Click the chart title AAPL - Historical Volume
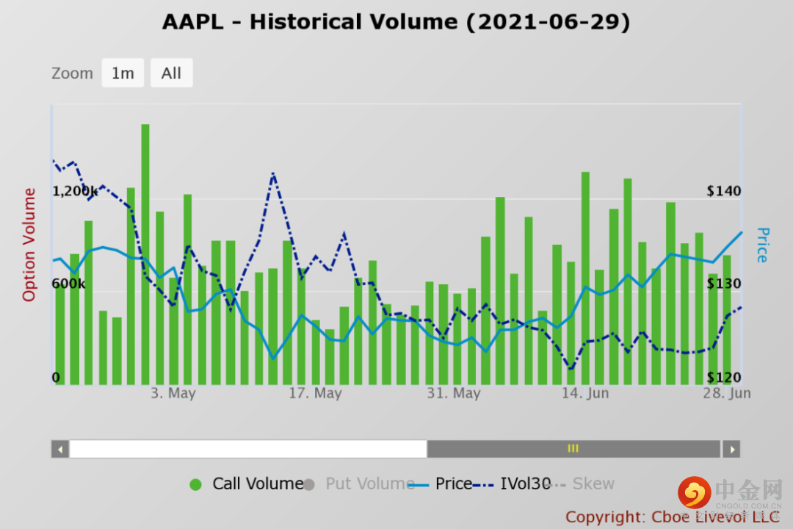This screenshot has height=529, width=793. pyautogui.click(x=396, y=22)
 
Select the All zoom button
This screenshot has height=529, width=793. pyautogui.click(x=171, y=73)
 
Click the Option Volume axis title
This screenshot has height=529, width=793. pyautogui.click(x=29, y=245)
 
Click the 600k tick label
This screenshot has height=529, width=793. pyautogui.click(x=68, y=284)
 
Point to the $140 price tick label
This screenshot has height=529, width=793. pyautogui.click(x=724, y=191)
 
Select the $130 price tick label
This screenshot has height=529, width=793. pyautogui.click(x=724, y=284)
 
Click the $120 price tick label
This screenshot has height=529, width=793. pyautogui.click(x=724, y=378)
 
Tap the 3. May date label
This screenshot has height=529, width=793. pyautogui.click(x=173, y=394)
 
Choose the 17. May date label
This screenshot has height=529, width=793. pyautogui.click(x=315, y=394)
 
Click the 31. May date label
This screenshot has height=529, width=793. pyautogui.click(x=454, y=394)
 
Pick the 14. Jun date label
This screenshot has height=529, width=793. pyautogui.click(x=585, y=394)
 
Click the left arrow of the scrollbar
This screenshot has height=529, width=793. pyautogui.click(x=60, y=449)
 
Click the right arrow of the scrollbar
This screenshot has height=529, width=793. pyautogui.click(x=731, y=449)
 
